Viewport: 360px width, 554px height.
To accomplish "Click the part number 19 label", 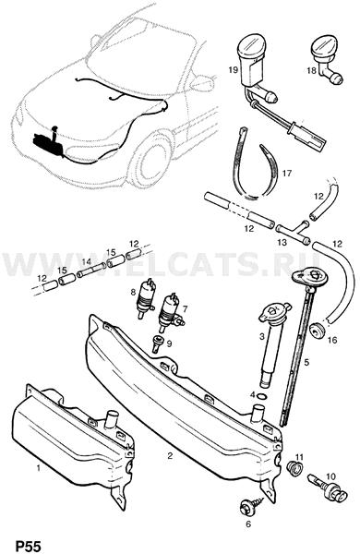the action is (x=233, y=69).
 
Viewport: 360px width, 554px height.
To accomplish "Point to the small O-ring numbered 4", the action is (x=261, y=395).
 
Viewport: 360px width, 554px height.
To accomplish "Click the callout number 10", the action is (x=331, y=476).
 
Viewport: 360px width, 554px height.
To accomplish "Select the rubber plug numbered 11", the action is (x=294, y=468).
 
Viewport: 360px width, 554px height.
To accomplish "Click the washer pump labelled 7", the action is (x=170, y=313).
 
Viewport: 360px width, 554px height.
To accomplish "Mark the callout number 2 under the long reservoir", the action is (x=170, y=455).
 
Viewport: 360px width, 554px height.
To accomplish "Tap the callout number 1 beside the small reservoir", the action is (x=39, y=468).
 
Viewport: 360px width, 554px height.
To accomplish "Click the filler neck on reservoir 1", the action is (x=113, y=419).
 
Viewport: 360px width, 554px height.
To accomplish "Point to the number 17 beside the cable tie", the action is (x=287, y=174).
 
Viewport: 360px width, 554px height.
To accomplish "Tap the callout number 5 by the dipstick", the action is (x=306, y=362).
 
